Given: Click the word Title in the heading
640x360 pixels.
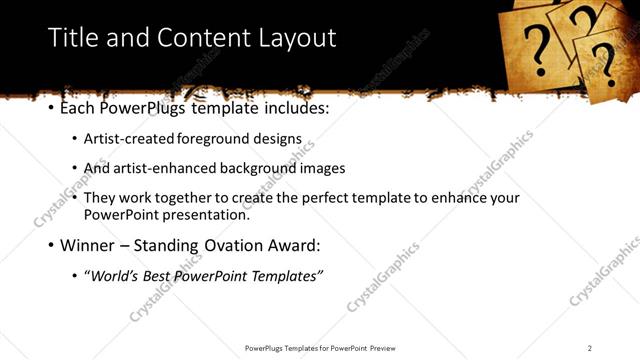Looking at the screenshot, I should pos(72,38).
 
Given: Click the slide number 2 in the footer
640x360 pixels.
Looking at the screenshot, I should pos(590,347).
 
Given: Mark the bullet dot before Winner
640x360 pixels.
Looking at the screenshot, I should pos(52,244).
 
